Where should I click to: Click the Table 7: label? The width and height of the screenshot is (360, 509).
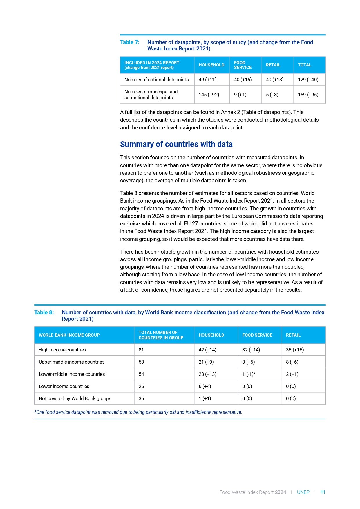(x=130, y=42)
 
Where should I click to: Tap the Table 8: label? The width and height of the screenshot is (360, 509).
(x=44, y=313)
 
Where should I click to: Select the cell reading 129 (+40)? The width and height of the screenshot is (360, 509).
(x=308, y=80)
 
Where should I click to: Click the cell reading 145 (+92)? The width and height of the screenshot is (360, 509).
(x=209, y=95)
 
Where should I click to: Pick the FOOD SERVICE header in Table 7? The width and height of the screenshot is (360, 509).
(x=243, y=65)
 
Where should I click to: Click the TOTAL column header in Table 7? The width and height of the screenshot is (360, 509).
(x=304, y=65)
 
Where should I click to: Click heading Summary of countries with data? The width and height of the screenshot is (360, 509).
(x=176, y=144)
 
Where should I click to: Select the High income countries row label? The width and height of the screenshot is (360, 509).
(x=62, y=350)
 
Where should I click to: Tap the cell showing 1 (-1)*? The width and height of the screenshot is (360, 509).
(x=249, y=374)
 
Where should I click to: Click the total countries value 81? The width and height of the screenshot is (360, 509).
(x=141, y=350)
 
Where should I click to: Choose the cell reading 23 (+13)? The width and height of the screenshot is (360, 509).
(x=207, y=374)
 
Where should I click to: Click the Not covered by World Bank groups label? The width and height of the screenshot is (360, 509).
(x=75, y=398)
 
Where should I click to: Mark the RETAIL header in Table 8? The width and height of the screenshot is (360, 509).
(x=293, y=335)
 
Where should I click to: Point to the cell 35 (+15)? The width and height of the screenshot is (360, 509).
(x=295, y=350)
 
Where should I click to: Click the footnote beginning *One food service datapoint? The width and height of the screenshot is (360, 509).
(x=138, y=412)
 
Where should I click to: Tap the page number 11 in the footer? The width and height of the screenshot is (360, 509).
(x=323, y=492)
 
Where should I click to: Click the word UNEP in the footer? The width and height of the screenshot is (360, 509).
(x=303, y=492)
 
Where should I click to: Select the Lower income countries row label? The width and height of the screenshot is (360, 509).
(x=64, y=386)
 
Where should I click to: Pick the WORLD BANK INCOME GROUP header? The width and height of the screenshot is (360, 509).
(x=69, y=335)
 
